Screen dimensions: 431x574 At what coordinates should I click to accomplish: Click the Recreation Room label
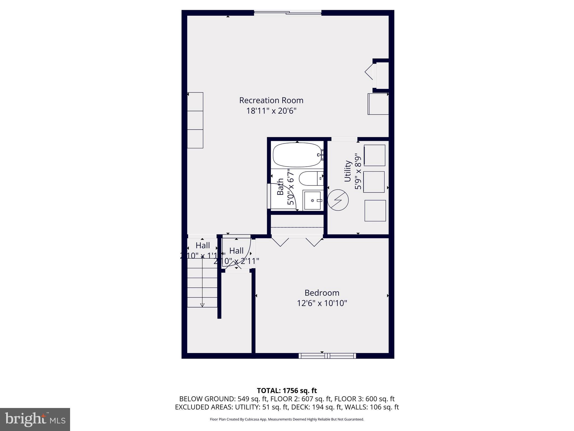271,100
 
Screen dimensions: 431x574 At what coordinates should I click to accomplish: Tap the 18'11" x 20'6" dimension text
271,111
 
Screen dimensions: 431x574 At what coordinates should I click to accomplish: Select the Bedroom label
322,293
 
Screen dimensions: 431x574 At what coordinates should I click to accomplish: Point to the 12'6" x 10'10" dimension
322,303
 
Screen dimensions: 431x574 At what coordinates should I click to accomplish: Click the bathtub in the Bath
297,155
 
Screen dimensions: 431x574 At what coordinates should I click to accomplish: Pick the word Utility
348,171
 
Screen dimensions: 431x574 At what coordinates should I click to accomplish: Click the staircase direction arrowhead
202,305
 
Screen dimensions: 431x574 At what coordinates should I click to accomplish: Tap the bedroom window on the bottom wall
327,356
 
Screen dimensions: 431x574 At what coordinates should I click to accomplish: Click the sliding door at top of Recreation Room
288,13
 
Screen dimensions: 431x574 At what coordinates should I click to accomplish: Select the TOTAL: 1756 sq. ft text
287,390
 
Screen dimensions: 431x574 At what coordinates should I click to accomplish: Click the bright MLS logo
35,419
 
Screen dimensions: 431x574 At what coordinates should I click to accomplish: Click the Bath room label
280,187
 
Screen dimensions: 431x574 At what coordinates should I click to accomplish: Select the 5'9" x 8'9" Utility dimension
358,171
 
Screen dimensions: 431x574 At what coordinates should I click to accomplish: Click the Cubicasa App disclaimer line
287,419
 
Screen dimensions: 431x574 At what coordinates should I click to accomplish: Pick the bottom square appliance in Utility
375,210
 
